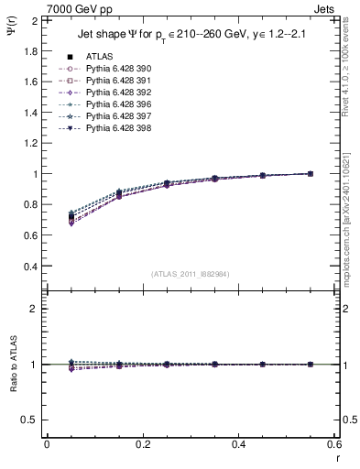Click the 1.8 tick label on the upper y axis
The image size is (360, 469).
tap(29, 50)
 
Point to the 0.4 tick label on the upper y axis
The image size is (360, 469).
tap(29, 267)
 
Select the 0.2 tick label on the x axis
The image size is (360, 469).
tap(143, 443)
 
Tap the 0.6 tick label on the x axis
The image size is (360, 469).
tap(333, 443)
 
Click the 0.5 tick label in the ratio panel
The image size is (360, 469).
tap(29, 420)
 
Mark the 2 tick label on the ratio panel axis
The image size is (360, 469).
tap(34, 309)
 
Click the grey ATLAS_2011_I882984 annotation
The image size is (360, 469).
tap(190, 274)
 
